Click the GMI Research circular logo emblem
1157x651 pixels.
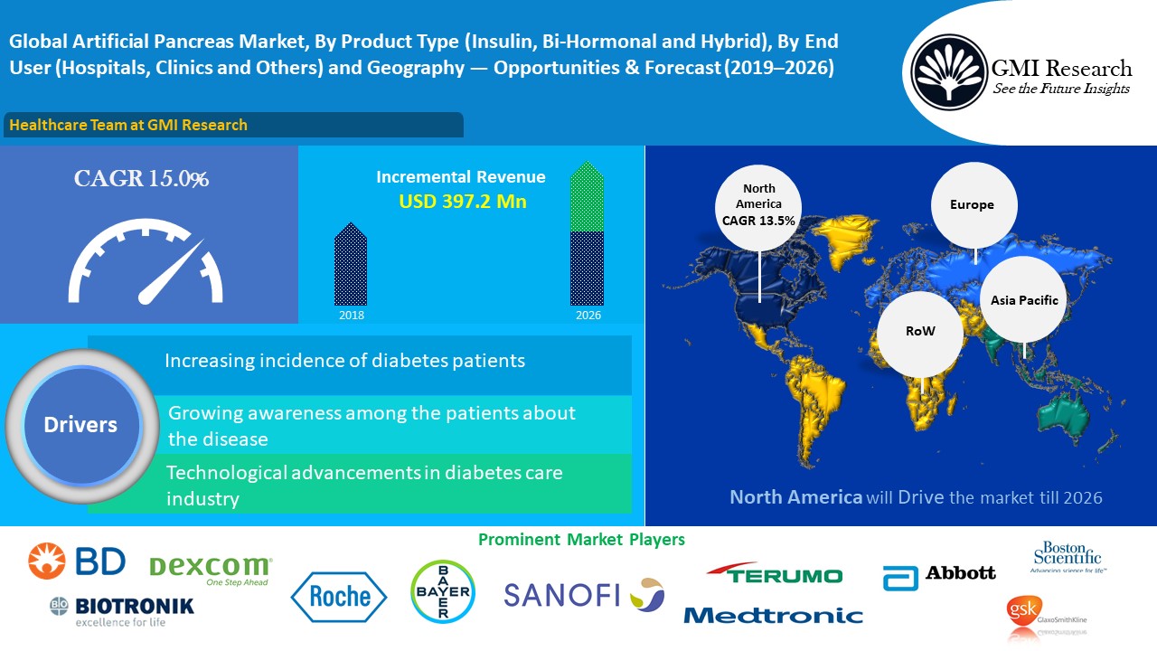(948, 71)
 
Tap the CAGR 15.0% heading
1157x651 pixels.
(141, 178)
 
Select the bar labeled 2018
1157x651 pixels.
(351, 264)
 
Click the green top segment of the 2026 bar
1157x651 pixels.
(587, 196)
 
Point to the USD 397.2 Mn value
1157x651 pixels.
(463, 201)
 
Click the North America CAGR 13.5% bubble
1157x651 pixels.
(758, 208)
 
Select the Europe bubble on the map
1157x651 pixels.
(974, 205)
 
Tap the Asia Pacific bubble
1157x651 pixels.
(1023, 299)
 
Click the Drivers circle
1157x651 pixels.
(81, 426)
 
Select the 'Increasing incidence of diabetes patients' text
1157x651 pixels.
(344, 361)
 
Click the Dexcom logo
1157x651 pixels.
(211, 570)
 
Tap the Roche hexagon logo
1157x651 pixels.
(339, 597)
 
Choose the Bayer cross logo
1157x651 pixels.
(443, 591)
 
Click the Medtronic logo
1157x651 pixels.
(773, 616)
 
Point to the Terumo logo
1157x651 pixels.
(775, 573)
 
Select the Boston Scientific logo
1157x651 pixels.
(1068, 556)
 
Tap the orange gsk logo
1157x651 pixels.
(1022, 610)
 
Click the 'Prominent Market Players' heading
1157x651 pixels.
(581, 540)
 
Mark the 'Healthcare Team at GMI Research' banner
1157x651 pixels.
(233, 125)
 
